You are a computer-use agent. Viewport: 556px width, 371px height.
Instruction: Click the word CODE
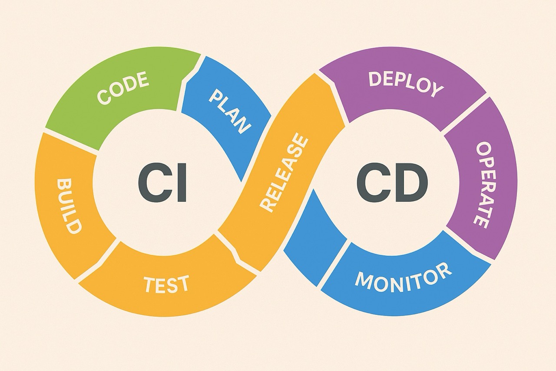click(123, 87)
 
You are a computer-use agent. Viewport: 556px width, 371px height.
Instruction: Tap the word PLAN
click(230, 112)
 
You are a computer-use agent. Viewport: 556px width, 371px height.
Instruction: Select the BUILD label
click(69, 207)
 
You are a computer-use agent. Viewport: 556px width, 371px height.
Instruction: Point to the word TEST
click(166, 284)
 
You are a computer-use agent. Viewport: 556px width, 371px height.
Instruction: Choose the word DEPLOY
click(406, 83)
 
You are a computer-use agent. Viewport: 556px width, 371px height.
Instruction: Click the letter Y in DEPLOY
click(437, 90)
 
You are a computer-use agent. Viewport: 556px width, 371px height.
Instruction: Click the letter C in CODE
click(104, 97)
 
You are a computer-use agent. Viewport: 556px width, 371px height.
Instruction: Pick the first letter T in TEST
click(151, 284)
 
